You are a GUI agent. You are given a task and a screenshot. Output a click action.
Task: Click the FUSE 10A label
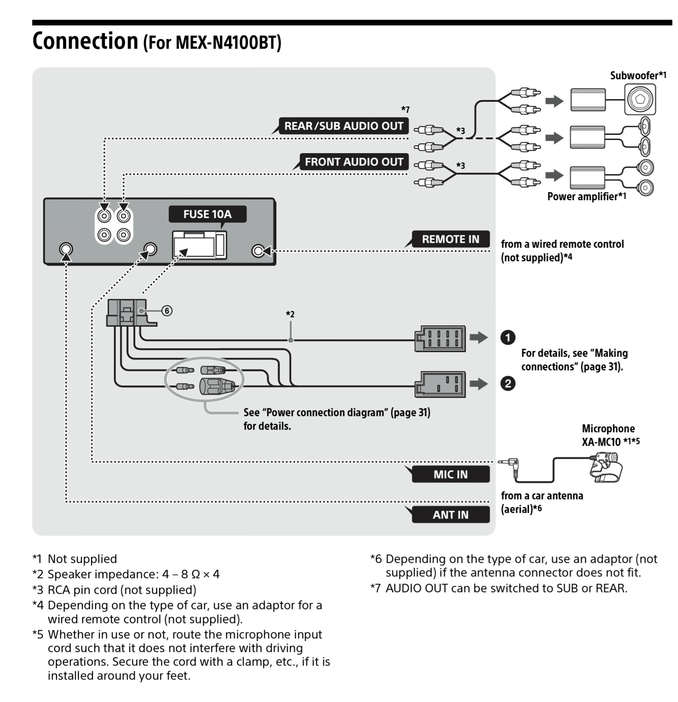click(207, 214)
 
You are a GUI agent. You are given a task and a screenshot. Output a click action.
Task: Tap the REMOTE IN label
click(450, 239)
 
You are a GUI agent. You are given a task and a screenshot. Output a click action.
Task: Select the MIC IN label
click(450, 474)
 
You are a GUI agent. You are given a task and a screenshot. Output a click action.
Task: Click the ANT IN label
click(450, 515)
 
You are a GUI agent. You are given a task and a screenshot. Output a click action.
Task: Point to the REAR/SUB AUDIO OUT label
click(343, 126)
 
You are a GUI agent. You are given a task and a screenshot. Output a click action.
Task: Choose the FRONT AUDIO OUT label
click(353, 162)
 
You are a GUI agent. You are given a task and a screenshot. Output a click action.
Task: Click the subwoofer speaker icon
click(639, 99)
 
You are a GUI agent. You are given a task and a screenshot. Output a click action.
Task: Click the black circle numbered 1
click(508, 338)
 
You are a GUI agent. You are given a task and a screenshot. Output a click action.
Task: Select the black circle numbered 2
click(508, 383)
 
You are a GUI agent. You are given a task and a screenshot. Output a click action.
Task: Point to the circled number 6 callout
click(167, 311)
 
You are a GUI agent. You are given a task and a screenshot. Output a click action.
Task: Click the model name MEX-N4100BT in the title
click(212, 42)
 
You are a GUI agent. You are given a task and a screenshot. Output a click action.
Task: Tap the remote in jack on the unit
click(258, 251)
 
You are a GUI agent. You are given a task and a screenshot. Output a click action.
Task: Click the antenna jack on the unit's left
click(66, 249)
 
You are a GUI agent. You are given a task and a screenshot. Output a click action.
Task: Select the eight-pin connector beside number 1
click(440, 338)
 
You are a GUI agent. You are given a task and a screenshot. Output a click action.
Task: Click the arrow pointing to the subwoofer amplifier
click(554, 101)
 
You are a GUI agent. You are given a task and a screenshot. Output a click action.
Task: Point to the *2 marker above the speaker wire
click(290, 314)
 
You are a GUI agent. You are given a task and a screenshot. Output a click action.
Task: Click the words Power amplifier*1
click(586, 196)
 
